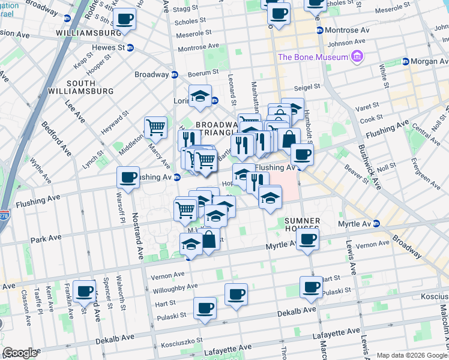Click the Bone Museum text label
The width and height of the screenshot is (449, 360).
[313, 57]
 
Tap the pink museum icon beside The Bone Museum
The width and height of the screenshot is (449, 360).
[358, 57]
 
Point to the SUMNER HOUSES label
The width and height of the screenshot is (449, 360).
[302, 226]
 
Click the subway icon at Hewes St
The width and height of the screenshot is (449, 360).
[130, 47]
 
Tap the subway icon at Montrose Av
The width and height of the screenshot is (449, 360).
[320, 30]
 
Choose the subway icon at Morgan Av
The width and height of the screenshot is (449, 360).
[405, 61]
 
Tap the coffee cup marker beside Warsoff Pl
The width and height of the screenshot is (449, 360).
[128, 178]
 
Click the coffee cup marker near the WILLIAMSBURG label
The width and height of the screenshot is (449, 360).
[125, 19]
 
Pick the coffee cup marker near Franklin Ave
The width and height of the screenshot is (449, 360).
[85, 291]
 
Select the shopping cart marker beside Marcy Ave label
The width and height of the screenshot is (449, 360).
[155, 127]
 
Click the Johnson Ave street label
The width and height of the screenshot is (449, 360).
[346, 41]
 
